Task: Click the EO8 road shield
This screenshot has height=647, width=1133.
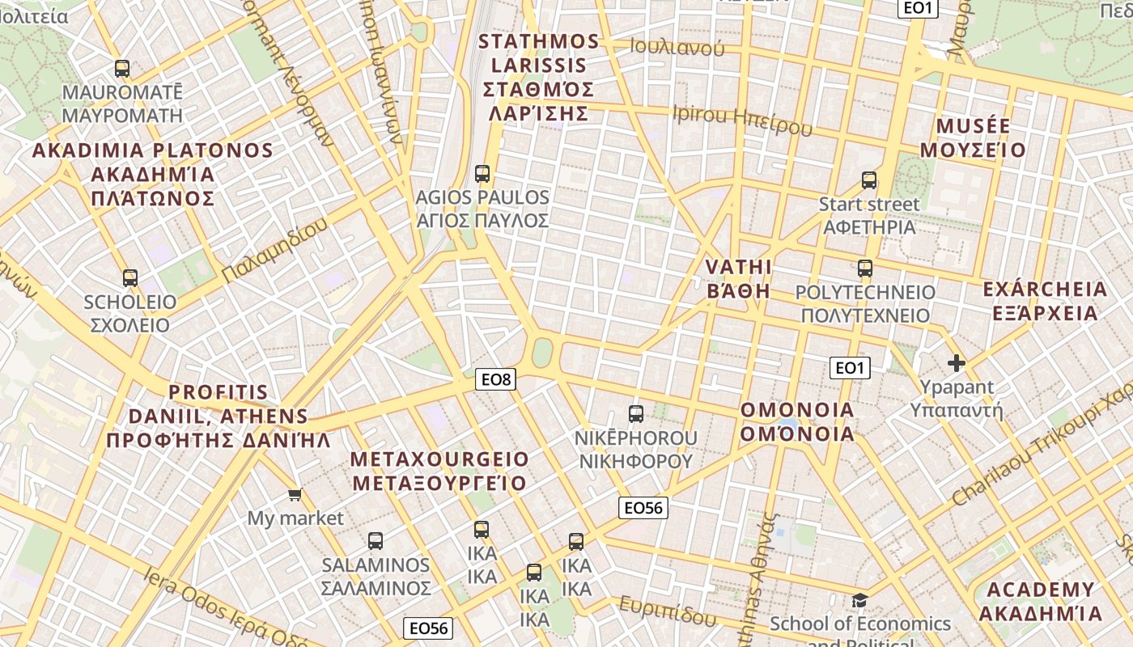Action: pos(495,378)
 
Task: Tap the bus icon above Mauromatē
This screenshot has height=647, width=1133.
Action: pos(122,69)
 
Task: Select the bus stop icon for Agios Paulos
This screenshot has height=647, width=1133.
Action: pos(482,173)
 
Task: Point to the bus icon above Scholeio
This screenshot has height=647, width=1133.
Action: pos(130,278)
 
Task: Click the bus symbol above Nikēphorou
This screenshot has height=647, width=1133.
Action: pos(636,414)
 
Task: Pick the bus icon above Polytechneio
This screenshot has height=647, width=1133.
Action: pos(865,269)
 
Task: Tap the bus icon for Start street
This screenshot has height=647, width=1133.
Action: pos(869,180)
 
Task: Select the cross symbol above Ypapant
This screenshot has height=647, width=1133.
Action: pos(957,363)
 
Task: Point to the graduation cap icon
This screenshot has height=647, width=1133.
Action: pos(859,600)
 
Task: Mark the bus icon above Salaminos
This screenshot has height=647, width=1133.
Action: pos(376,541)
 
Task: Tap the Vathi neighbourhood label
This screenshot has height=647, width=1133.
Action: pos(738,279)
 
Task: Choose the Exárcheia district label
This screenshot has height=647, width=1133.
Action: pos(1044,301)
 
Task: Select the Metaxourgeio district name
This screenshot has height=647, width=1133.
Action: pos(439,472)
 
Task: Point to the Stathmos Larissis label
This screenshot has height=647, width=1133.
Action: pos(539,78)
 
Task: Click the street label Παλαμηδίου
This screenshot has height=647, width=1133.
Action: pos(274,250)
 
